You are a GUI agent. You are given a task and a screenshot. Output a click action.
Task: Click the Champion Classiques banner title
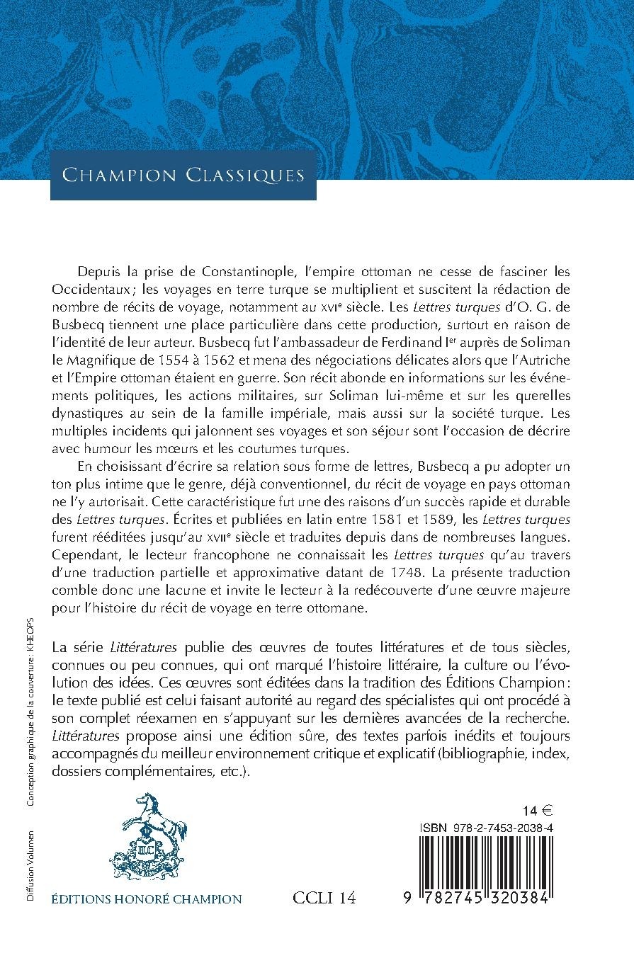pos(183,174)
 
